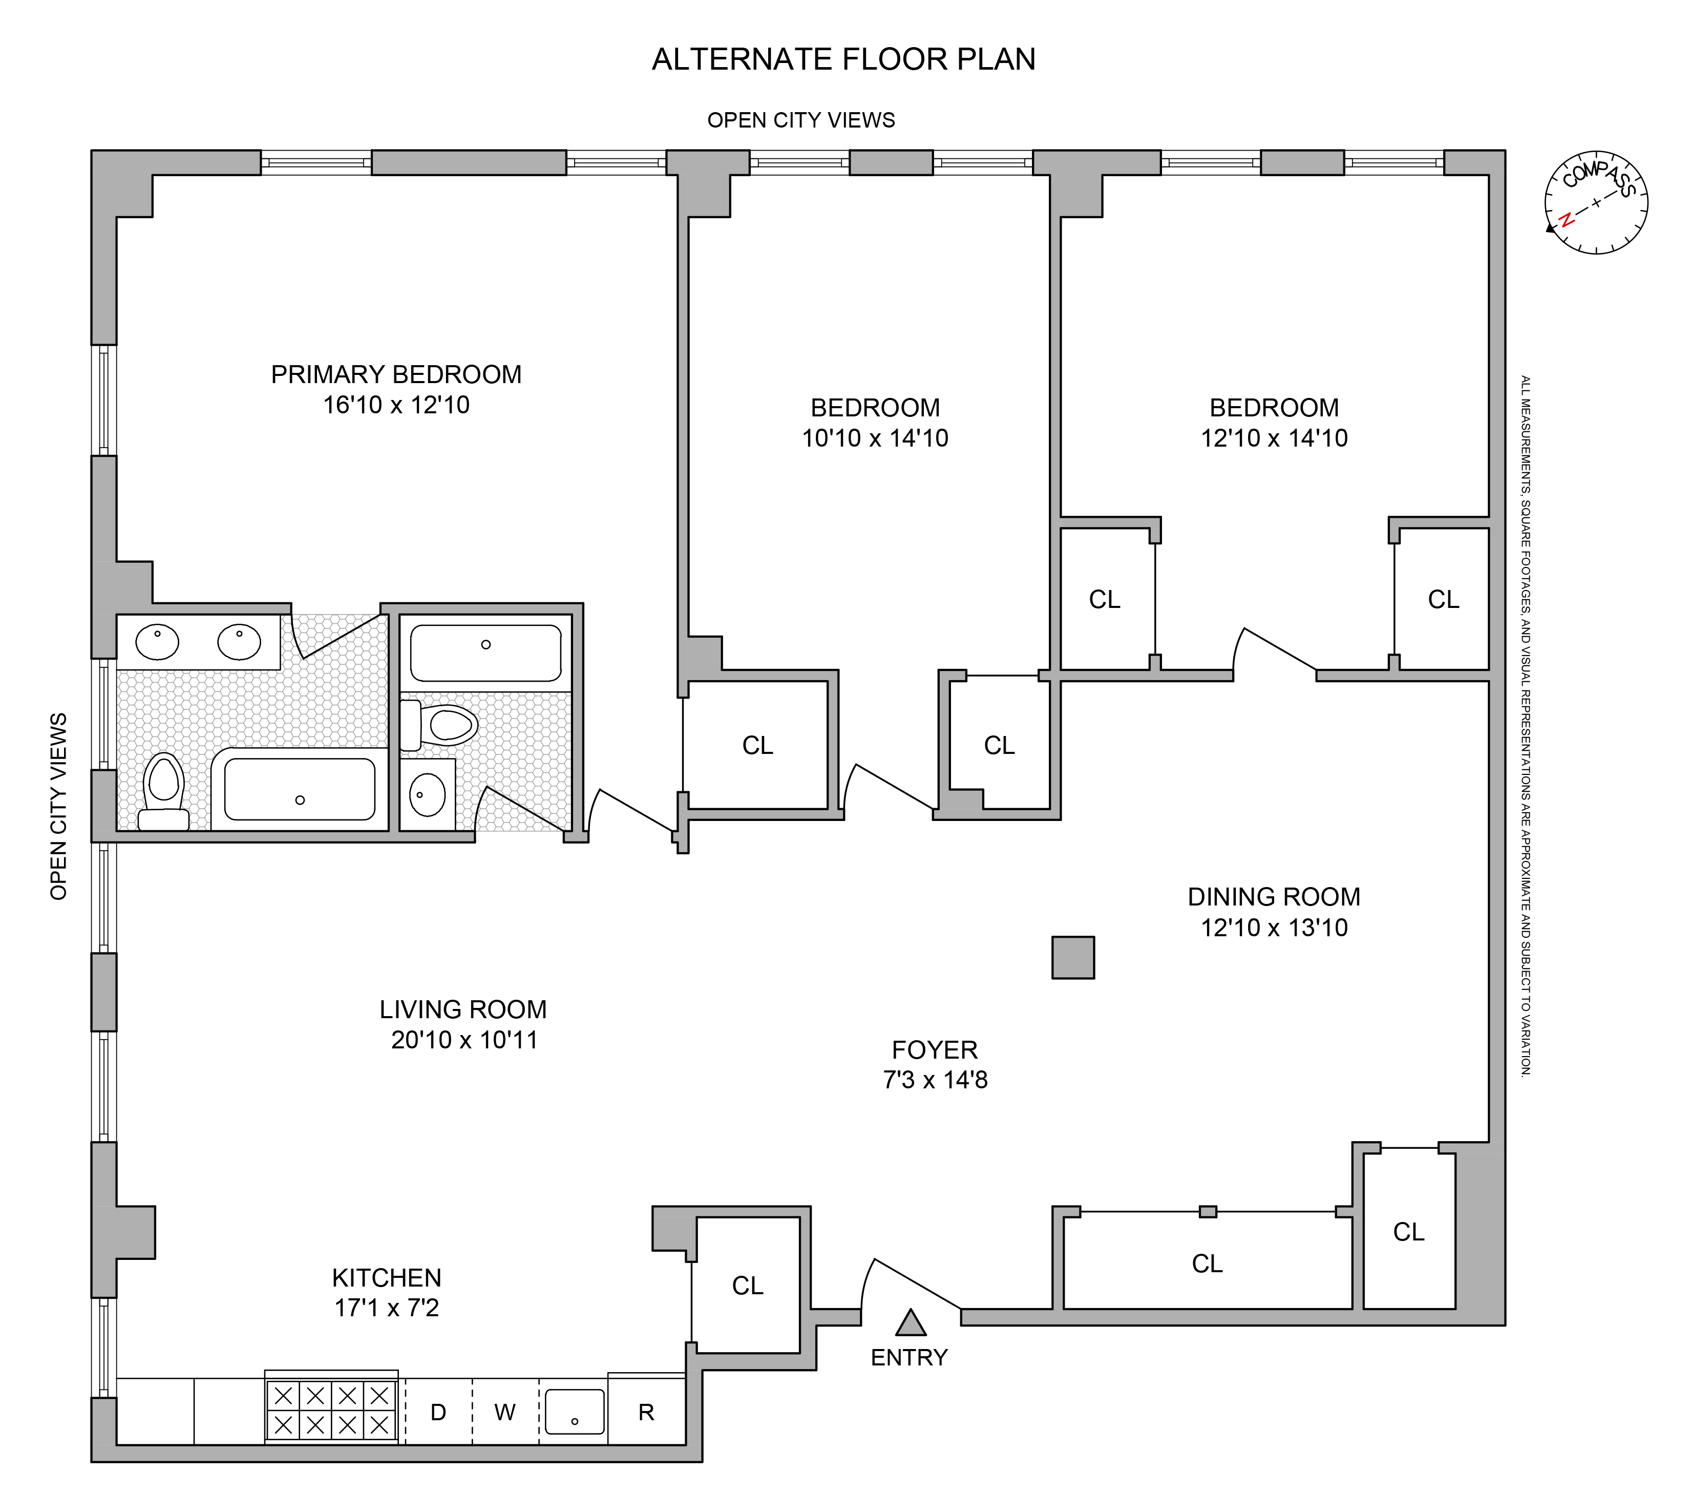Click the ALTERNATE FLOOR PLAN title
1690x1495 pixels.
(843, 59)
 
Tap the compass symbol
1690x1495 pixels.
(1596, 203)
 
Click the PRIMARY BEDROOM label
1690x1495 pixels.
(396, 374)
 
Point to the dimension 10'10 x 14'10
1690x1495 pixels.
(875, 438)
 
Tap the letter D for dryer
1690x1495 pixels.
(438, 1413)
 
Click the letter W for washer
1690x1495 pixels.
(505, 1413)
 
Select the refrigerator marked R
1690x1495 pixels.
(647, 1413)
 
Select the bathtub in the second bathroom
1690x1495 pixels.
(485, 652)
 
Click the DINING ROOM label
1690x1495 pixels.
(1273, 897)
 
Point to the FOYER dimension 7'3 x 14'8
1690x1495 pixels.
(935, 1080)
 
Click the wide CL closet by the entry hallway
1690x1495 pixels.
(1207, 1264)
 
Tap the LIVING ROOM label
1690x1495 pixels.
(463, 1009)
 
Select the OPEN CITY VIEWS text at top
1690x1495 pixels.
(800, 121)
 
